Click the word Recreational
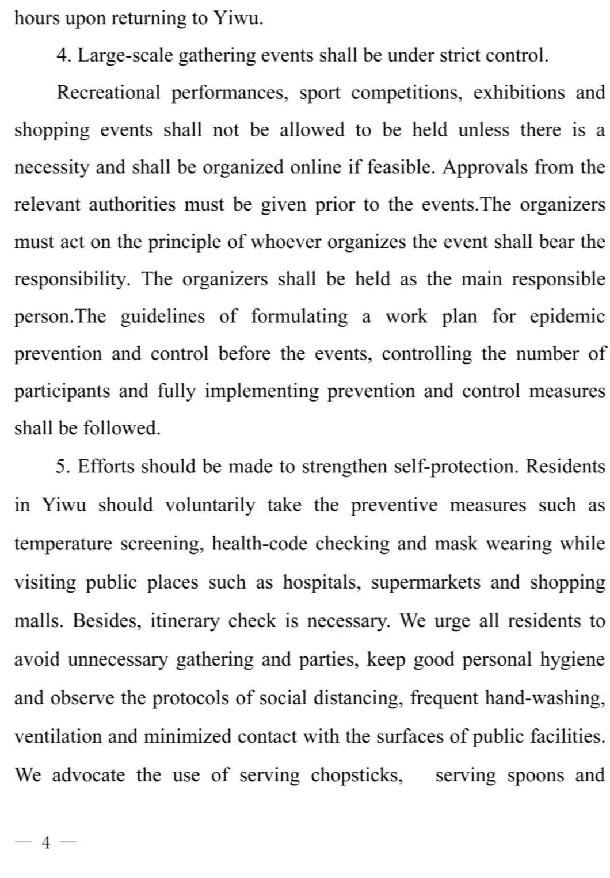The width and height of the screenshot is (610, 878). pyautogui.click(x=109, y=93)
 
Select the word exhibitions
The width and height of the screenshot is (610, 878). pyautogui.click(x=519, y=93)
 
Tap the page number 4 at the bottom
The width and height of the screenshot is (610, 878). pyautogui.click(x=47, y=843)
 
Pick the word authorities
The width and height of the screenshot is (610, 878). pyautogui.click(x=132, y=205)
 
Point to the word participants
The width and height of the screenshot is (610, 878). pyautogui.click(x=62, y=391)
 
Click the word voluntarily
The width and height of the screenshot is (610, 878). pyautogui.click(x=210, y=505)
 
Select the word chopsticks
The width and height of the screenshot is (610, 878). pyautogui.click(x=357, y=775)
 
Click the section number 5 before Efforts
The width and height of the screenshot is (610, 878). pyautogui.click(x=62, y=466)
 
